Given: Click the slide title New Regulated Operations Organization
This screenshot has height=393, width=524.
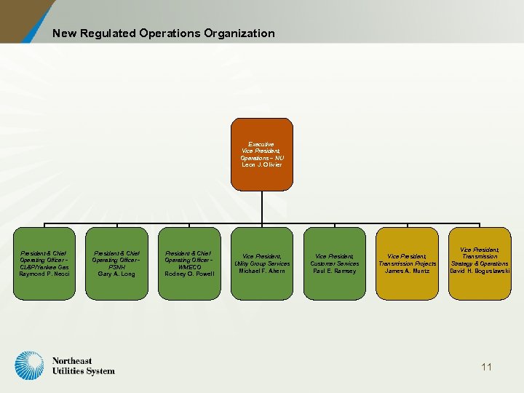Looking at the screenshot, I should (x=163, y=33).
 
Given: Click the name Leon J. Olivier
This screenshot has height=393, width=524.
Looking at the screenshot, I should (x=261, y=164).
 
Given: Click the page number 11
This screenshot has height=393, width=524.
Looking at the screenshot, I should (x=486, y=367).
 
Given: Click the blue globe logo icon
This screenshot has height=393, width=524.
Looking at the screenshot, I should (x=30, y=366).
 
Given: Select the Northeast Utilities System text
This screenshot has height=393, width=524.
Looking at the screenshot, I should (x=83, y=366).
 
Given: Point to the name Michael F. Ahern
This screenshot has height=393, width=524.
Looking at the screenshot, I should (x=261, y=271).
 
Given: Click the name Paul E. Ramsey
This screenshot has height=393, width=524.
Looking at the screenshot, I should (x=334, y=271).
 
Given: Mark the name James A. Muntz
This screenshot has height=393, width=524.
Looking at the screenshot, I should (x=407, y=271).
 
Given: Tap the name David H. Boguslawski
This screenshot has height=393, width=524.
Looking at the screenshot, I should (x=480, y=271).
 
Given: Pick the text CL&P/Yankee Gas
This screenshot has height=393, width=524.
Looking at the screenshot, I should (x=44, y=267).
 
